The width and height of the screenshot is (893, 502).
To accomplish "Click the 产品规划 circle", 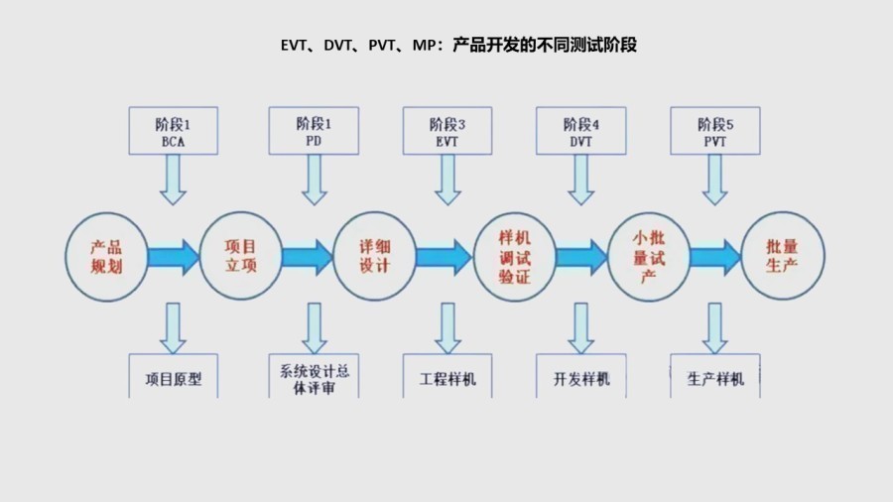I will [x=106, y=256].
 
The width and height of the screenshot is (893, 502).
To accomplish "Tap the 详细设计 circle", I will [x=374, y=256].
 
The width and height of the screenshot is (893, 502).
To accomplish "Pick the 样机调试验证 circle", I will [x=515, y=256].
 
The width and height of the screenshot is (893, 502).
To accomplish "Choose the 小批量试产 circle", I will [x=649, y=256].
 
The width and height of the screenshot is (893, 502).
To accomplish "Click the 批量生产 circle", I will [x=783, y=256].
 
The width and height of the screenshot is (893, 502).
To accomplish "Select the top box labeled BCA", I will [x=173, y=132].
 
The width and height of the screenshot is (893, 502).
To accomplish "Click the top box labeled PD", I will [x=314, y=132].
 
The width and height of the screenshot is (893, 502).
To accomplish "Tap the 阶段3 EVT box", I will [x=447, y=132].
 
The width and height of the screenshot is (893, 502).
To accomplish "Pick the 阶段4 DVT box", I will [x=581, y=132].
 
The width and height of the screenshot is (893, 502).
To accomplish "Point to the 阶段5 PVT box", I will [x=715, y=132].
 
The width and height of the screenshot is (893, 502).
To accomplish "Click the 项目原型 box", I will [x=173, y=378].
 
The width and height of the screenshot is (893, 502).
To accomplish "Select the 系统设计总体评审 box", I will [x=314, y=378].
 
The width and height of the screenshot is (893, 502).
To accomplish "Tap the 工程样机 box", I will [x=447, y=378].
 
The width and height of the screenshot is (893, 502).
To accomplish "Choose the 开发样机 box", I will [x=581, y=378].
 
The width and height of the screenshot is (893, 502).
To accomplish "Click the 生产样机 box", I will [x=715, y=378].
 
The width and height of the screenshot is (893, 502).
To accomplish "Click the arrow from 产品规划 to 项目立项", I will [x=173, y=257].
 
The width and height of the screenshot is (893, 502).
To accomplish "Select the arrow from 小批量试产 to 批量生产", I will [x=715, y=257].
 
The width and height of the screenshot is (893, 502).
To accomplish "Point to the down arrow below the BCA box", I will [x=173, y=181].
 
